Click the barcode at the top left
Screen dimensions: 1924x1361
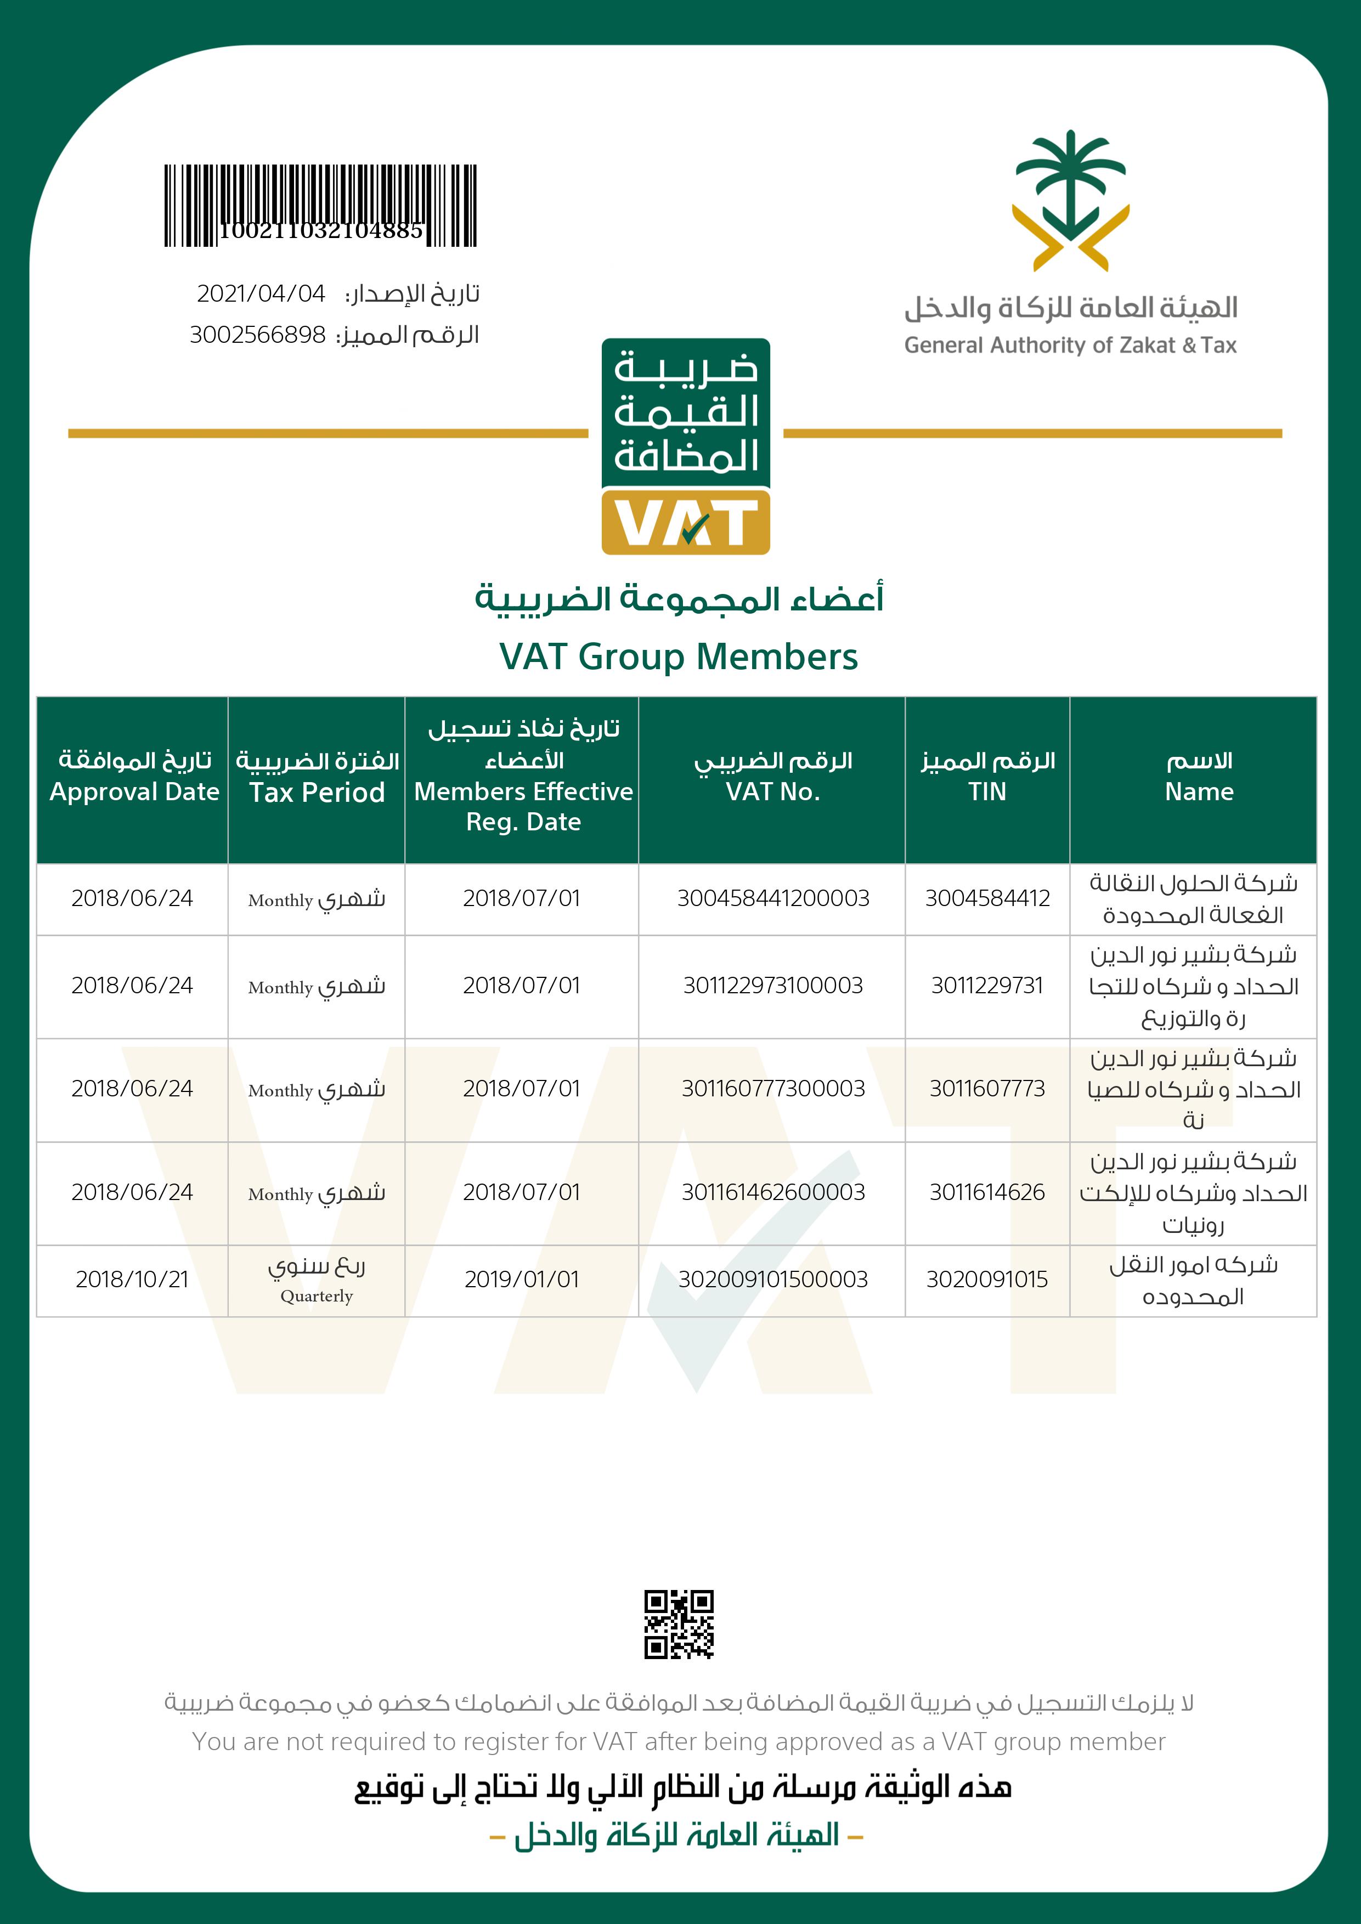click(320, 205)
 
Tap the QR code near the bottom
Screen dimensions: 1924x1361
click(679, 1624)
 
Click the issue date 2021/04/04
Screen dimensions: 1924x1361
click(261, 293)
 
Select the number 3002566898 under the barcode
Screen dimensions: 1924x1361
click(257, 335)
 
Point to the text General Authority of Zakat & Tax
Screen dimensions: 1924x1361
click(1070, 345)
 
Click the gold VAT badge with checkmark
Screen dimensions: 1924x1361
click(686, 523)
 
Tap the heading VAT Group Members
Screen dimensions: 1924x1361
click(679, 656)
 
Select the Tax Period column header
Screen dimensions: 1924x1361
click(317, 792)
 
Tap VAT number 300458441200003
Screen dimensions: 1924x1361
click(773, 898)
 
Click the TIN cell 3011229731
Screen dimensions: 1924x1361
click(987, 986)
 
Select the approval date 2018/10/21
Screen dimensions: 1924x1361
click(132, 1280)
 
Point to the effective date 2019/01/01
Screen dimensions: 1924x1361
click(521, 1280)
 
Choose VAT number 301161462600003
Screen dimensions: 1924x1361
click(773, 1192)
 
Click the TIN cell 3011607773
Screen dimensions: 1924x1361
click(987, 1089)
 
